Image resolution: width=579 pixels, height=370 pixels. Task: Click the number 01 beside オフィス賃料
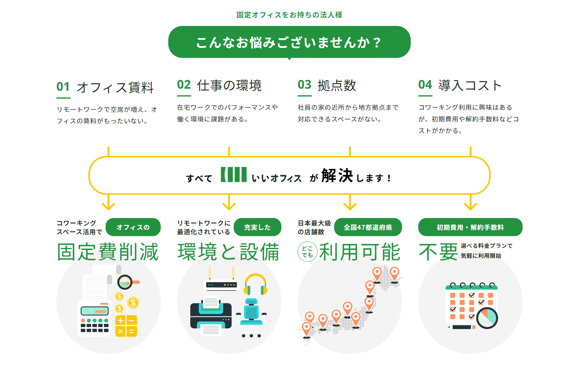point(63,87)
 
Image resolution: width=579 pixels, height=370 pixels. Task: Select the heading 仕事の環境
point(229,85)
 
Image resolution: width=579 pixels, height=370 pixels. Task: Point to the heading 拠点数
point(337,85)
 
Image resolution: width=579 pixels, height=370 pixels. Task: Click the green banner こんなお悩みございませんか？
point(289,42)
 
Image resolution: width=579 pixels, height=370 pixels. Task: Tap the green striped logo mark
point(234,175)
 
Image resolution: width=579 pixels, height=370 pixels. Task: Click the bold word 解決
point(337,176)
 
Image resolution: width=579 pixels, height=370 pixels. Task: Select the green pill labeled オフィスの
point(133,227)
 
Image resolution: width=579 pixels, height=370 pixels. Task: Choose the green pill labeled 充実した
point(257,227)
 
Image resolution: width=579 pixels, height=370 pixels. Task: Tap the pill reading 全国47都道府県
point(368,227)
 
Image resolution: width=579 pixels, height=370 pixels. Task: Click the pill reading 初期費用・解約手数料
point(470,227)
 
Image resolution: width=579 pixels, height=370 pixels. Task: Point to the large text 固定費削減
point(108,252)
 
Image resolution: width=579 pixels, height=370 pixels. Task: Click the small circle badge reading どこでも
point(307,252)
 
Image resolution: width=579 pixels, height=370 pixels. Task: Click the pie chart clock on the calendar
point(487,318)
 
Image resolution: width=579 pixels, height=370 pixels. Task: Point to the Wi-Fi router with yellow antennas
point(221,282)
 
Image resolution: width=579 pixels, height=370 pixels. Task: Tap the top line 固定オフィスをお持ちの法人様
point(289,15)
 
